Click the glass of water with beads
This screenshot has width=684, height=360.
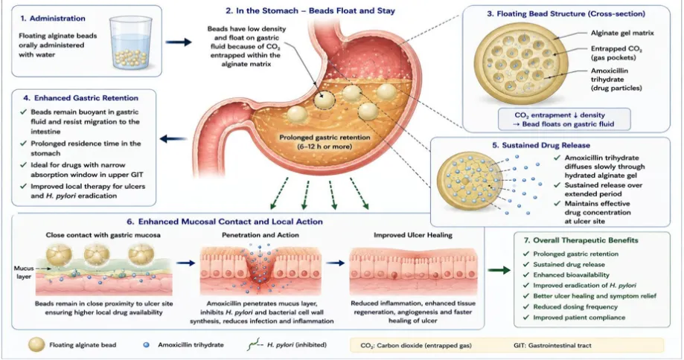click(131, 43)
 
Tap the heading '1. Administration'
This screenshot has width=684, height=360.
click(53, 19)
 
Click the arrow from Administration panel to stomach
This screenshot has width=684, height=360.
click(179, 42)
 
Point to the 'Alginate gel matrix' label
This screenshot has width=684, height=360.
click(622, 33)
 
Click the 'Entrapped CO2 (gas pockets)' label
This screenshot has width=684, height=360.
click(616, 53)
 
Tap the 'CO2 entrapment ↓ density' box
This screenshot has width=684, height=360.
click(564, 120)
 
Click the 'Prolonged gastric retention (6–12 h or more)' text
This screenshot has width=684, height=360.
click(325, 141)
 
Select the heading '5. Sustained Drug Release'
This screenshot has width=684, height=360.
click(541, 145)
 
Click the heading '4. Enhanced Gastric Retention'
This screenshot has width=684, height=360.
click(80, 98)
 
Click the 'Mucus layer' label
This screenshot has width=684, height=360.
click(24, 272)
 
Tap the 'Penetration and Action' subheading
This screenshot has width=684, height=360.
click(261, 235)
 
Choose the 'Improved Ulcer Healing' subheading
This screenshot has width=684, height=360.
click(413, 235)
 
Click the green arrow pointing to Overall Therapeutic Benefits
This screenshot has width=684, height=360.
click(499, 270)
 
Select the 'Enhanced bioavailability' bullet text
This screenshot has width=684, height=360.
click(571, 275)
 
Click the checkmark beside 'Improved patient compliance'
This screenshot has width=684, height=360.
click(525, 318)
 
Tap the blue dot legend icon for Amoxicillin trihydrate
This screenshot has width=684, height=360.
click(147, 344)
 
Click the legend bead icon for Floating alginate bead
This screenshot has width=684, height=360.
click(36, 344)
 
